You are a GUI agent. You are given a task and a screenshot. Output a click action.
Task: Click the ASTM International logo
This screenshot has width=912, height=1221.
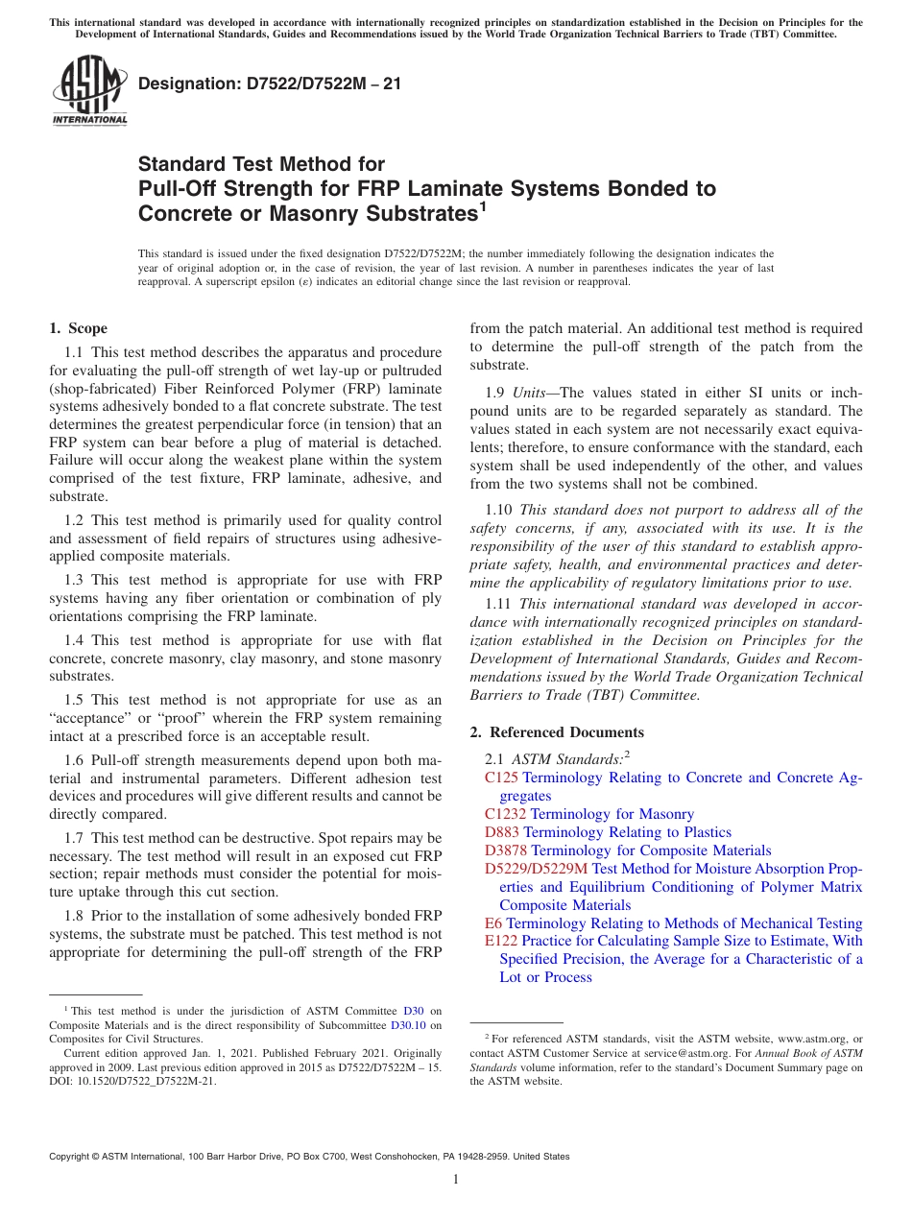pos(89,91)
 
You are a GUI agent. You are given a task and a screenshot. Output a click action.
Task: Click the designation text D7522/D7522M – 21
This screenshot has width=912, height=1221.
pos(270,84)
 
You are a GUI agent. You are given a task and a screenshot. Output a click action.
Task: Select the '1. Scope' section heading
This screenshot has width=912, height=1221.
pos(79,328)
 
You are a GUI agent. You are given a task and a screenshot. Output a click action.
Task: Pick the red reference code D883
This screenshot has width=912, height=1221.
pos(502,832)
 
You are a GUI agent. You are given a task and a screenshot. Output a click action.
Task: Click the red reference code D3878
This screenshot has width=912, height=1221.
pos(506,850)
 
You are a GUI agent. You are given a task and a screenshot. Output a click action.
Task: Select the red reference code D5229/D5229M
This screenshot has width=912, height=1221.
pos(537,869)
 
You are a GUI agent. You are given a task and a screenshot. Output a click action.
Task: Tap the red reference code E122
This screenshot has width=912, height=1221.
pos(502,941)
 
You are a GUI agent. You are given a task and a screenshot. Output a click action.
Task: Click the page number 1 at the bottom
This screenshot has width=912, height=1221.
pos(456,1179)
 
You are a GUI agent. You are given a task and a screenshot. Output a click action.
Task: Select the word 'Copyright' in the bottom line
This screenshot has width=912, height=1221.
pos(72,1157)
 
